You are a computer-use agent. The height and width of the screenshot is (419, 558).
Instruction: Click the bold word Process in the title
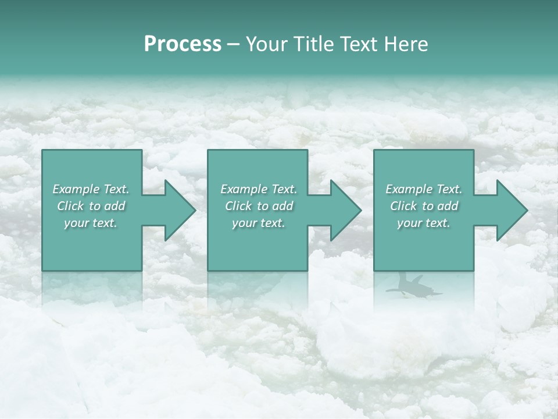tap(183, 44)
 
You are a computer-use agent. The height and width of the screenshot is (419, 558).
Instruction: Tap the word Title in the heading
tap(312, 44)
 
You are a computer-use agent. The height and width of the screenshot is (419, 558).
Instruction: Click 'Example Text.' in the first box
tap(91, 189)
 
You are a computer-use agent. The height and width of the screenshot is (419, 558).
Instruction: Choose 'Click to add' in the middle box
tap(258, 206)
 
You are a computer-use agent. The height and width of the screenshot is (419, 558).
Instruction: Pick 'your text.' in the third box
tap(424, 223)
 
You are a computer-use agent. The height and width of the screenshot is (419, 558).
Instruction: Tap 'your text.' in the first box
tap(91, 223)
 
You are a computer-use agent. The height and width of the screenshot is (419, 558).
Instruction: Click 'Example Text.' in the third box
tap(424, 189)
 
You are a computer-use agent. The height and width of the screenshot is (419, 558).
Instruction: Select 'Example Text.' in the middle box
tap(258, 189)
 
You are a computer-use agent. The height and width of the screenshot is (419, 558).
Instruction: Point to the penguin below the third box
tap(413, 286)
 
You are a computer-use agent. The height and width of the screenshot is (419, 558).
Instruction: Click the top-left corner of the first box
tap(42, 150)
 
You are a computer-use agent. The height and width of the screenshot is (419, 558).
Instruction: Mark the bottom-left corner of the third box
tap(374, 270)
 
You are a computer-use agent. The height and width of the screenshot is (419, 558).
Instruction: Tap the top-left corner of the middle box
tap(208, 150)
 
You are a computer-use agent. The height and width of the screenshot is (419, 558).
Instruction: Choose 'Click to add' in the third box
tap(424, 206)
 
